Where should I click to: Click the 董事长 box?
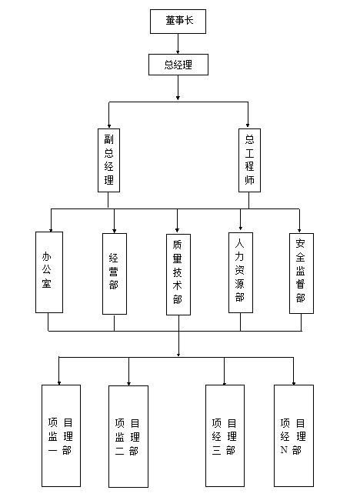(178, 22)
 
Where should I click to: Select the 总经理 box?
(178, 65)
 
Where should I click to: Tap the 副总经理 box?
(108, 160)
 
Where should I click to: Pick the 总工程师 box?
(249, 160)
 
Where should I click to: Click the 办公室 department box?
(49, 272)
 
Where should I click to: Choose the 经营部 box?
(115, 274)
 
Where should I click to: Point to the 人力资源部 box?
(241, 272)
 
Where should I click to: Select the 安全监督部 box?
(302, 274)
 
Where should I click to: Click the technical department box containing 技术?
(178, 275)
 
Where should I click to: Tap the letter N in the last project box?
(284, 450)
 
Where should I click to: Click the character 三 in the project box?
(216, 450)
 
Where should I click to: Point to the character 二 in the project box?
(119, 451)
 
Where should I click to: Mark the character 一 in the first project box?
(52, 450)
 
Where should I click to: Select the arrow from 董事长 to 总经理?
(178, 44)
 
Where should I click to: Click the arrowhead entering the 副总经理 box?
(109, 126)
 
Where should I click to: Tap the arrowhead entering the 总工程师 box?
(248, 125)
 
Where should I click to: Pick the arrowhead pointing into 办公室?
(51, 230)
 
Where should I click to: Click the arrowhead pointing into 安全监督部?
(299, 231)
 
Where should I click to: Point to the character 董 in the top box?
(170, 21)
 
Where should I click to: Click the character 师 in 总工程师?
(249, 180)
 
